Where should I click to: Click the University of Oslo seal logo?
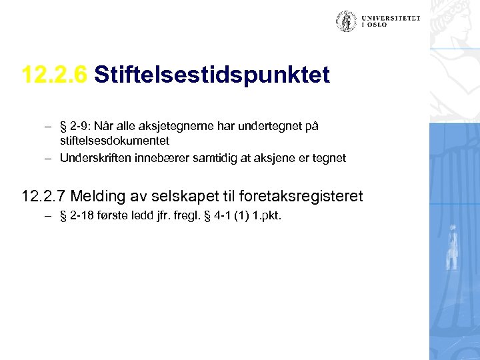(346, 21)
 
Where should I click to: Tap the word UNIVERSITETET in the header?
(391, 19)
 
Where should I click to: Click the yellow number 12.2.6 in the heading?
(54, 75)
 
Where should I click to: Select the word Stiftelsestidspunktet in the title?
(212, 75)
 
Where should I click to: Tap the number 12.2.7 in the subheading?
(43, 196)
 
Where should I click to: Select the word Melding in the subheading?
(96, 196)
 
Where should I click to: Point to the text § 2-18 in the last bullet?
(80, 216)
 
